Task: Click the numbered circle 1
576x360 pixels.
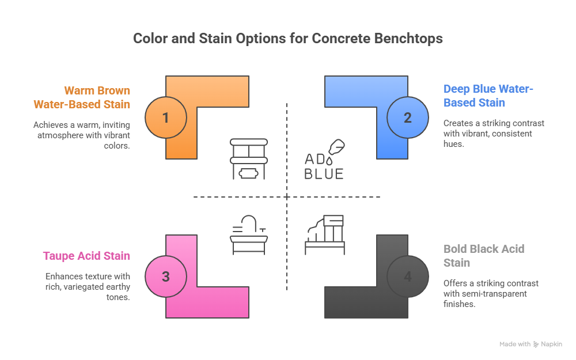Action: [x=166, y=118]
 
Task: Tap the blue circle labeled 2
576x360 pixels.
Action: [x=408, y=118]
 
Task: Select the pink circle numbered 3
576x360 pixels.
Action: [x=166, y=276]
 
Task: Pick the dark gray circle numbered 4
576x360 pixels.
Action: [x=408, y=276]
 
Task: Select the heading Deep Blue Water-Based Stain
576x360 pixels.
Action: [x=488, y=96]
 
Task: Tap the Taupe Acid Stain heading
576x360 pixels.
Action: [x=86, y=256]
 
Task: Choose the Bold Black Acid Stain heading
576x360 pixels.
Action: [x=484, y=256]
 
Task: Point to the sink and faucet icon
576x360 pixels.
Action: [x=249, y=234]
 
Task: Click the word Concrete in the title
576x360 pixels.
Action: [x=339, y=39]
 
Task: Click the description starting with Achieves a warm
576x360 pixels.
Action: [x=82, y=135]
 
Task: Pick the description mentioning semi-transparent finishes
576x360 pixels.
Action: [x=491, y=294]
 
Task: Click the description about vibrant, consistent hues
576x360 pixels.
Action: [x=494, y=134]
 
